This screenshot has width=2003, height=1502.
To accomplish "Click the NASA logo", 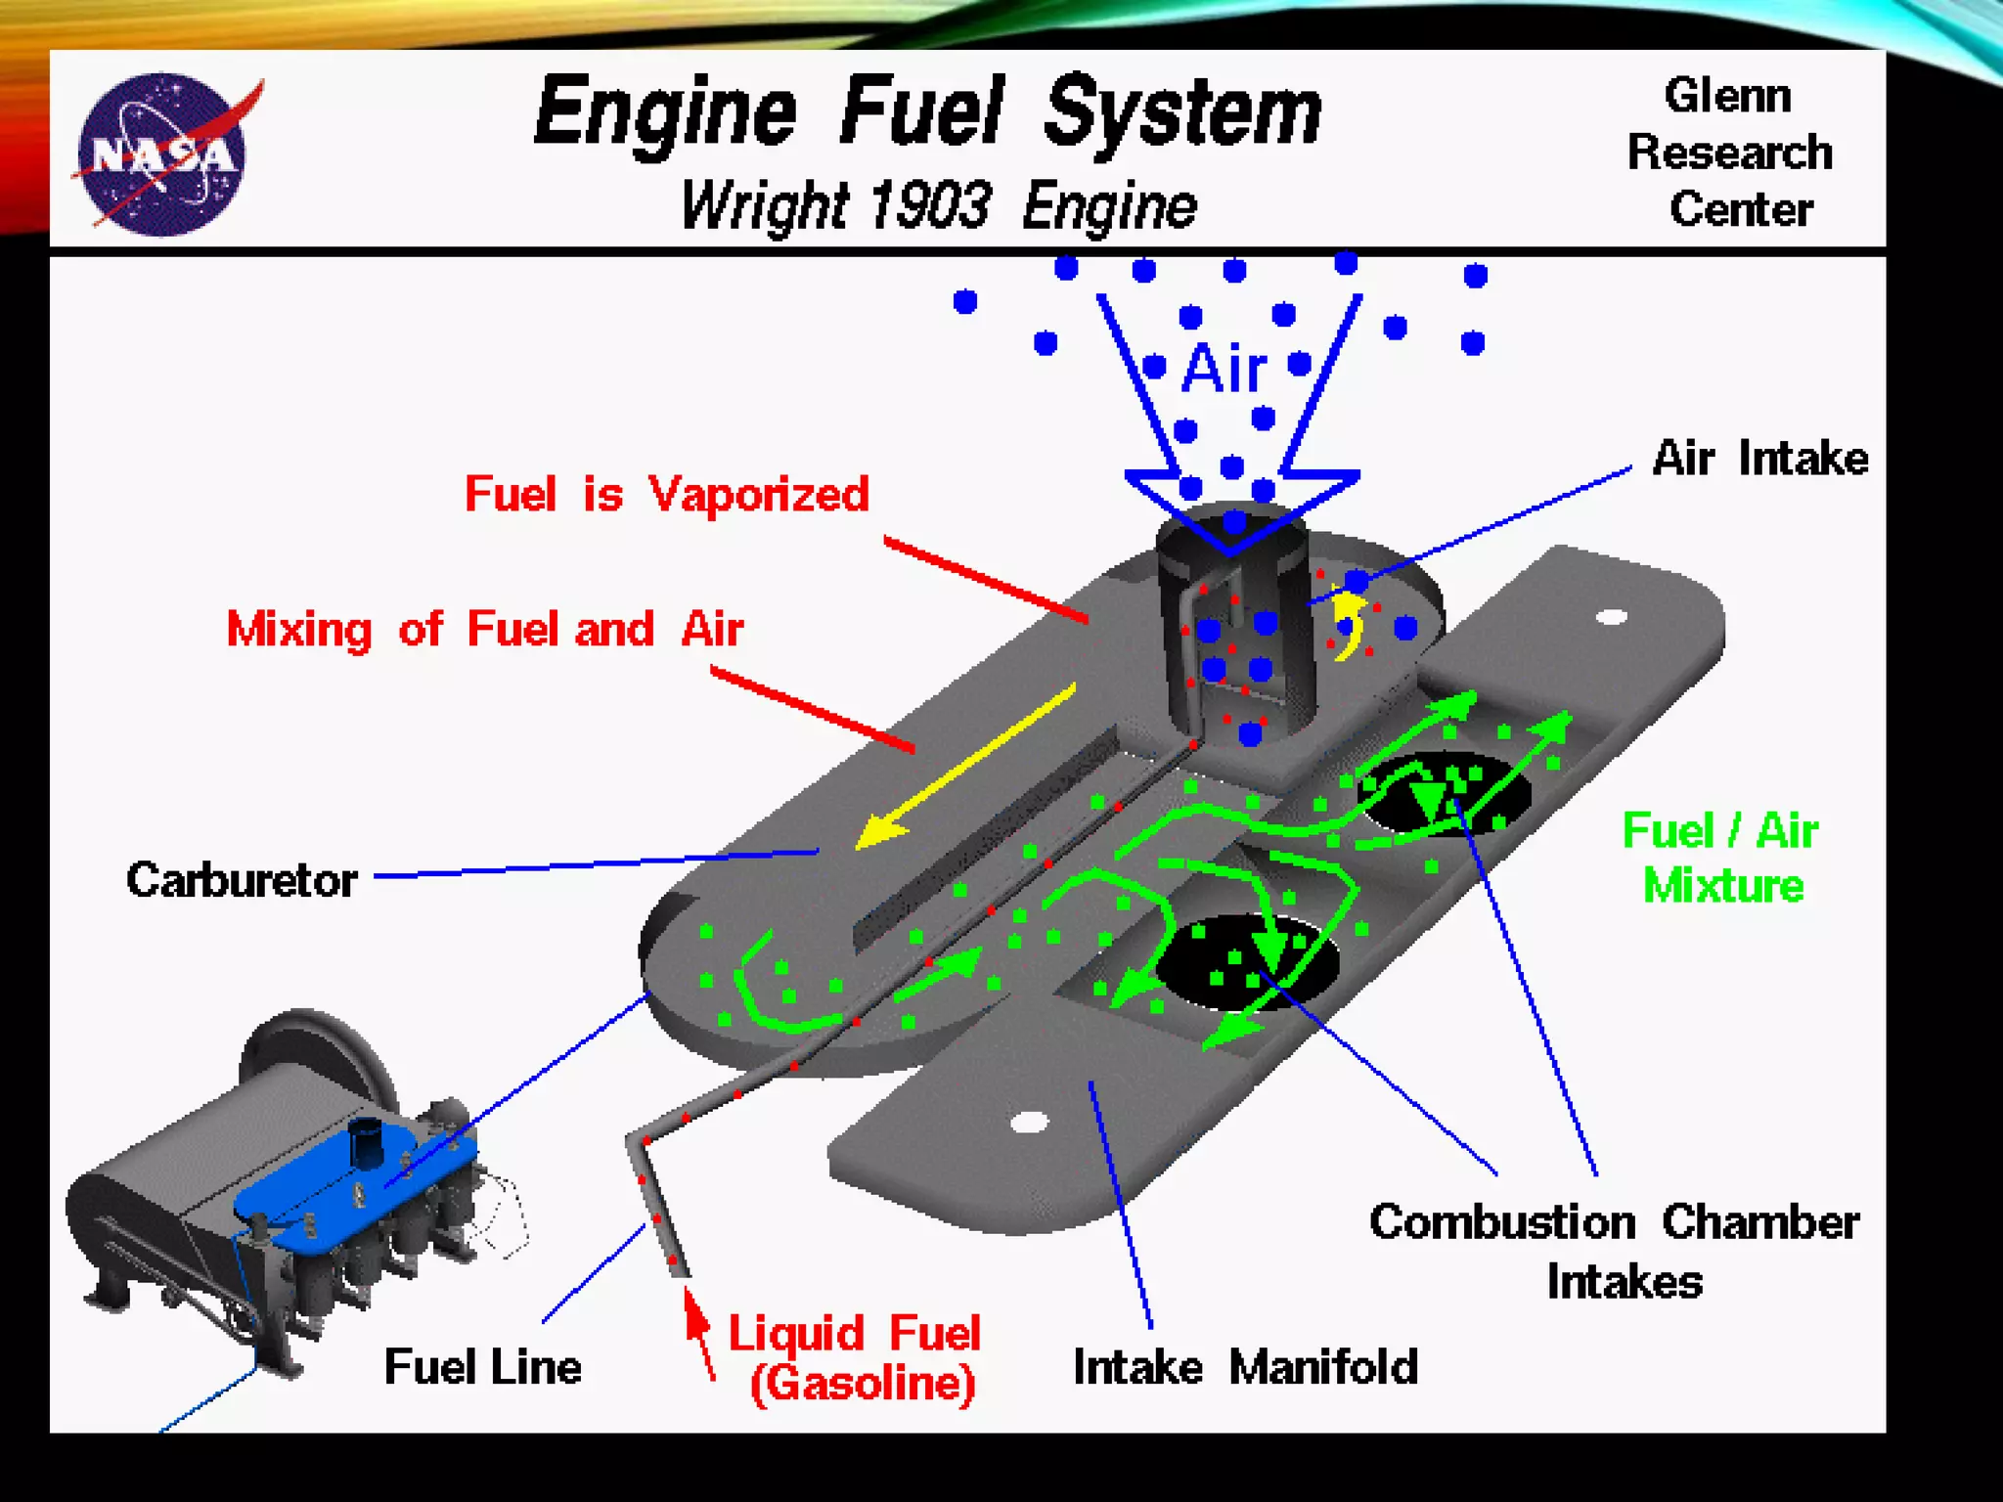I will (x=162, y=154).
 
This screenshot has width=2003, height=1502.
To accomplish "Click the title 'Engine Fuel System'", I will (x=927, y=112).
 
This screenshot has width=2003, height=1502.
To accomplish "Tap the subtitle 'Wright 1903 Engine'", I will (x=937, y=206).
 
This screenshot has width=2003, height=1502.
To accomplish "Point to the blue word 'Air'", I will (x=1224, y=370).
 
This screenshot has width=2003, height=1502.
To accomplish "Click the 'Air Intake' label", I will (x=1758, y=458).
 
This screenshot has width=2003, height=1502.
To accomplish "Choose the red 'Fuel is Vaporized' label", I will (x=666, y=494).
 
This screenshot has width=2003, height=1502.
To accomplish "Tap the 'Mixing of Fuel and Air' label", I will (x=484, y=629).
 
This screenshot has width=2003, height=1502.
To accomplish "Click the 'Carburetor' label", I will (x=242, y=880).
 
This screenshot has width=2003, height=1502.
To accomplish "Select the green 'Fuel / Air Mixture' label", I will (x=1721, y=858).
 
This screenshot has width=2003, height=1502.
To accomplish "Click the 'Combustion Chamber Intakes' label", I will (x=1614, y=1251).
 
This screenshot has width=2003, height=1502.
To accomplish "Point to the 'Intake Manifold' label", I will (x=1244, y=1367).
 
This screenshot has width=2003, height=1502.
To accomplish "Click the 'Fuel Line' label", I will (x=482, y=1367).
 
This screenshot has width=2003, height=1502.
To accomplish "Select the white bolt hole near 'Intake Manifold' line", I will (x=1028, y=1122).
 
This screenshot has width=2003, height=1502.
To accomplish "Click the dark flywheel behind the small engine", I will (x=313, y=1051).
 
